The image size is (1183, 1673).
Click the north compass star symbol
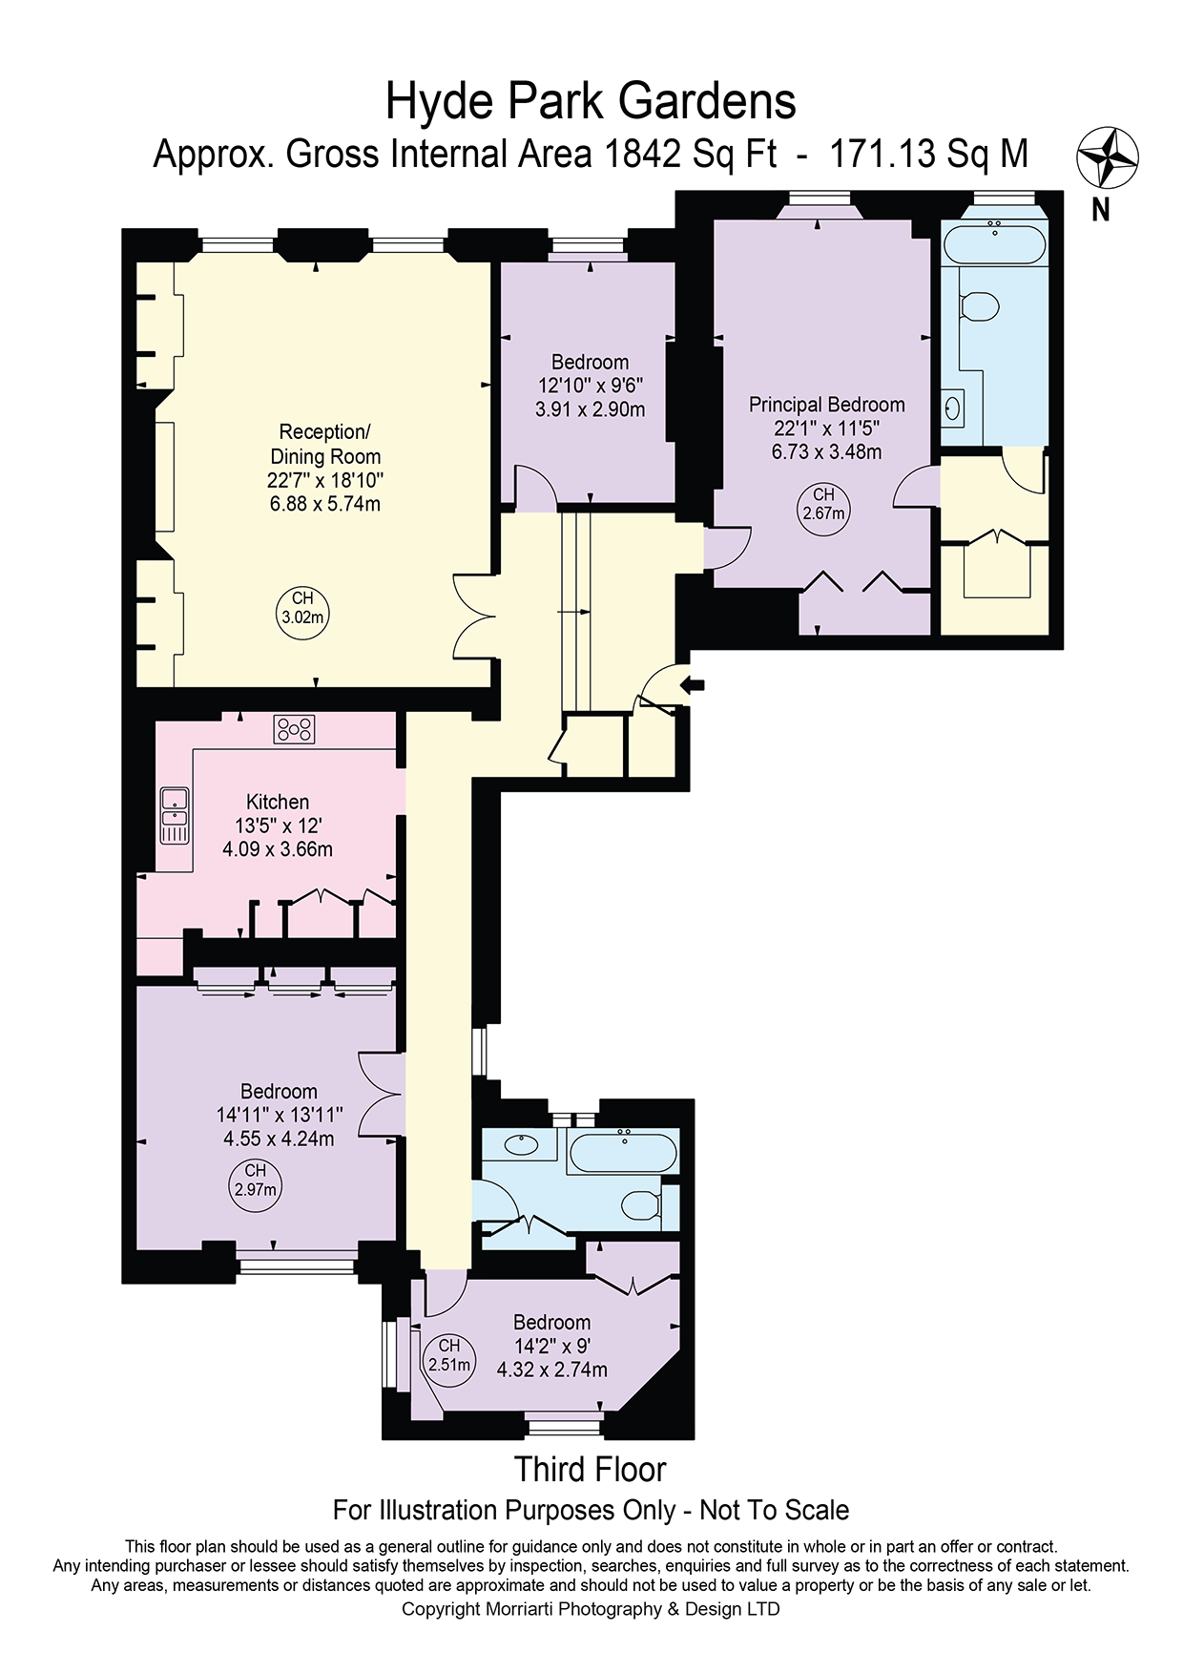[1108, 157]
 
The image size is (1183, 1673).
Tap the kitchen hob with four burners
[294, 730]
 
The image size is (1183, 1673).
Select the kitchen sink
[175, 815]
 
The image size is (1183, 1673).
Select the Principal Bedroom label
[826, 405]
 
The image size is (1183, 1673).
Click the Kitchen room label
[278, 802]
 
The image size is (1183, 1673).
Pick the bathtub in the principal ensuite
[994, 243]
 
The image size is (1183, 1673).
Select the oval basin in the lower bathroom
[521, 1145]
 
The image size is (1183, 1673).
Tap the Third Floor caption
[591, 1469]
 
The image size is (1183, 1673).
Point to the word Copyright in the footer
[441, 1609]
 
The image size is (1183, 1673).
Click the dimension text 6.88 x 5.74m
[325, 503]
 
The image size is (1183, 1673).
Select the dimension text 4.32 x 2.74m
[552, 1370]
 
